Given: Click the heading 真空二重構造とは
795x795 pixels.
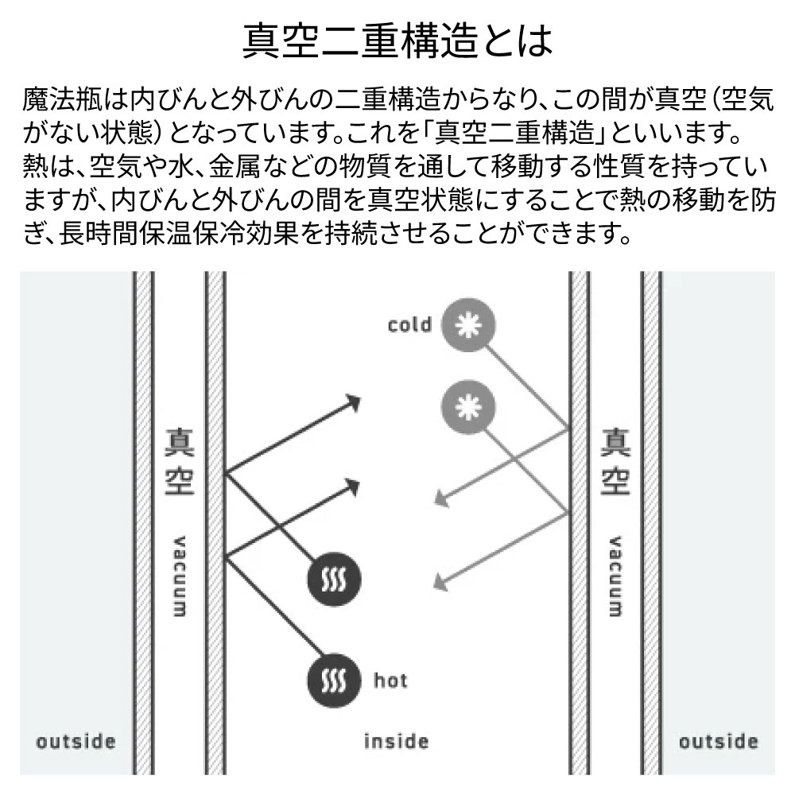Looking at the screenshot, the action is coord(397,41).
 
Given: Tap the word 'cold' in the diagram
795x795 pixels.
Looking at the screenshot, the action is coord(409,324).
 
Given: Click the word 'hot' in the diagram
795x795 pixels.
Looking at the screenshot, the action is coord(390,680).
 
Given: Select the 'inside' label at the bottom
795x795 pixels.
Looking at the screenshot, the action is coord(397,741).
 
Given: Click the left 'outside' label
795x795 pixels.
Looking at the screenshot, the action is coord(76,742).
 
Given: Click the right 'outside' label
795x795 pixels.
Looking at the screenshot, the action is coord(719,742).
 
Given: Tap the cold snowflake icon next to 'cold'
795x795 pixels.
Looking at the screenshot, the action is coord(468,325).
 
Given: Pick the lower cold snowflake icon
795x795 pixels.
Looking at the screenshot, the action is coord(468,406).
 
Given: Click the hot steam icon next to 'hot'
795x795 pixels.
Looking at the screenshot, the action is coord(334,681).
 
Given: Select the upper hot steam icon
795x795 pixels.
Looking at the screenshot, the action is coord(334,579).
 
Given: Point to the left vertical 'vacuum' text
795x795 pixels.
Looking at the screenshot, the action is coord(179,576).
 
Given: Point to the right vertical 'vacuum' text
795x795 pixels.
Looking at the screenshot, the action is coord(615,576).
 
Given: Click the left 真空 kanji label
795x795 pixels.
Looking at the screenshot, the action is coord(180,461).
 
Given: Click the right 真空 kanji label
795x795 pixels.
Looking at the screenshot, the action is coord(615,461).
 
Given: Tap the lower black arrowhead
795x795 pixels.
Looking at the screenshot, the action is coord(351,487).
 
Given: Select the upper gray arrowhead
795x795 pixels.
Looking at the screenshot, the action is coord(442,499).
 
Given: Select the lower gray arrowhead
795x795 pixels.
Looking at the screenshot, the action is coord(441,582).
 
